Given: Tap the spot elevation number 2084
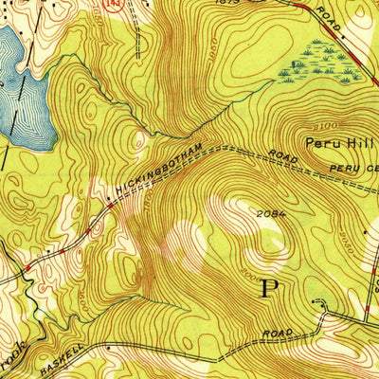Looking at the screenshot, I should pyautogui.click(x=268, y=213).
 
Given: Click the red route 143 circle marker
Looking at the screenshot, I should pyautogui.click(x=112, y=5).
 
